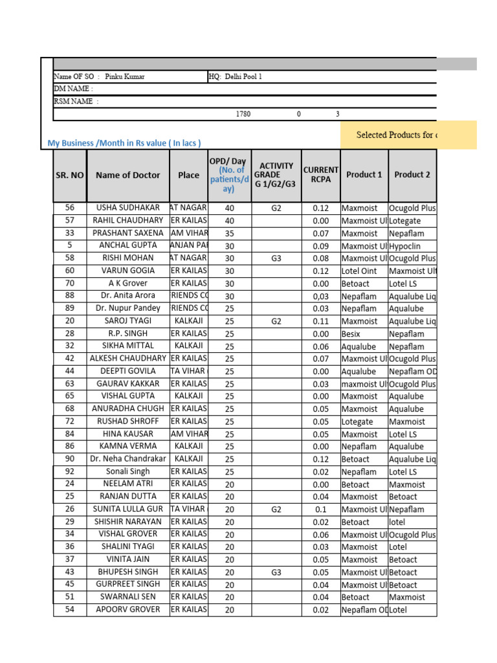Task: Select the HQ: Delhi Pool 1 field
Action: tap(236, 76)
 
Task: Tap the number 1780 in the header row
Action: tap(243, 114)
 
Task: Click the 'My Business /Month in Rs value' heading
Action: tap(124, 143)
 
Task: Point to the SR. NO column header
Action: tap(70, 175)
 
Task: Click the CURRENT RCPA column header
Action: tap(321, 175)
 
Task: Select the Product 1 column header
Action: tap(364, 175)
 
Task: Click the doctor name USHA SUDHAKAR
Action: tap(128, 208)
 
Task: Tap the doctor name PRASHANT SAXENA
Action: tap(128, 233)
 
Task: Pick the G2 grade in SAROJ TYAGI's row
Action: tap(276, 320)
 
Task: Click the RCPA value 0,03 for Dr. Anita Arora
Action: tap(321, 296)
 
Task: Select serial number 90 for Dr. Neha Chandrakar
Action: tap(70, 459)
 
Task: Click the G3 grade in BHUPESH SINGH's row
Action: tap(276, 572)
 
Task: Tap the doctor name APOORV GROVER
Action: tap(128, 610)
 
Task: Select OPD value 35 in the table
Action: tap(230, 233)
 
